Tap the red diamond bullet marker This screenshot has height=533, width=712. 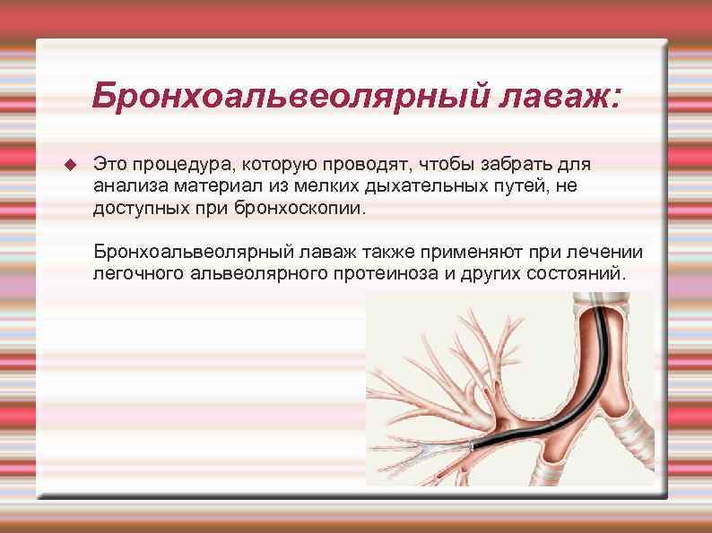click(70, 165)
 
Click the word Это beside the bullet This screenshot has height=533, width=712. click(111, 165)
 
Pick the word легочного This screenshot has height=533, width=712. click(137, 273)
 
